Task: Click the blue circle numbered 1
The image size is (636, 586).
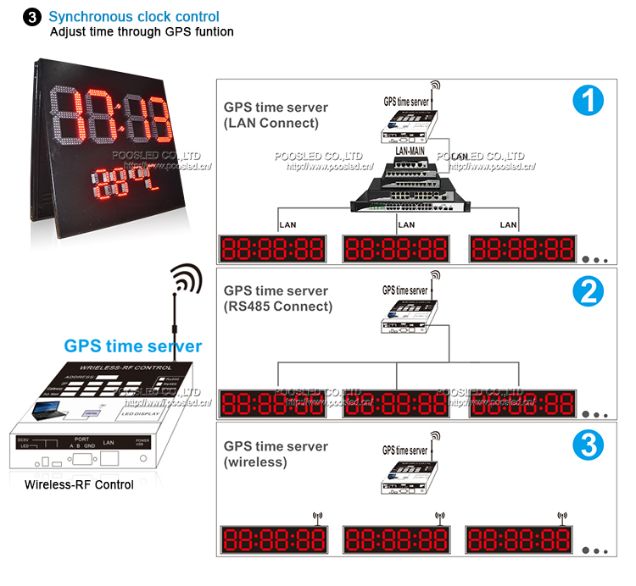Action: [x=588, y=102]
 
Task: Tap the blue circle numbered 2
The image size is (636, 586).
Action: [x=588, y=292]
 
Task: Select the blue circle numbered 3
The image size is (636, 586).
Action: [x=588, y=445]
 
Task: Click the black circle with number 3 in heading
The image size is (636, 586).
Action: [x=33, y=17]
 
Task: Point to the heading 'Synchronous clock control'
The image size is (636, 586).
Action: [x=134, y=16]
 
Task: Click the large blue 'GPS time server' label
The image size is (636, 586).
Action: [x=133, y=346]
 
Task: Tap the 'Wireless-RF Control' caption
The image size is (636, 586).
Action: [x=79, y=485]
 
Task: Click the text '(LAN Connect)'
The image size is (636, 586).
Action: [x=271, y=123]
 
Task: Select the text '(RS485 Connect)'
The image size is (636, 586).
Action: [x=278, y=306]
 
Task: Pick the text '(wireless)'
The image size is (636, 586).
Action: [x=255, y=462]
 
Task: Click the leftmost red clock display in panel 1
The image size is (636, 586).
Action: [x=273, y=249]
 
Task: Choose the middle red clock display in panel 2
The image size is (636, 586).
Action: [x=395, y=403]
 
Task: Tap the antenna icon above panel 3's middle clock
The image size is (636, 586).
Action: [x=439, y=517]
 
